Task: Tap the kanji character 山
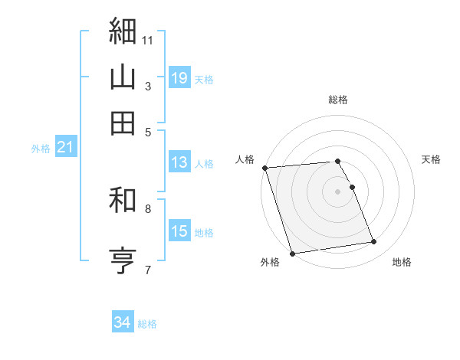point(123,77)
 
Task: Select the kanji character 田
point(123,123)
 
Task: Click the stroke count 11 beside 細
point(148,40)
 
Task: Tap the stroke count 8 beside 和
point(147,208)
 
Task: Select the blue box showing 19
point(179,78)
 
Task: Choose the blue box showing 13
point(179,162)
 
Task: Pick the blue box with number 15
point(179,231)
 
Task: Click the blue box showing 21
point(64,148)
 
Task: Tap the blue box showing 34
point(122,323)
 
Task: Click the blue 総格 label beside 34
point(147,324)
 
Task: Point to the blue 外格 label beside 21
point(40,149)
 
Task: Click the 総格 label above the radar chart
point(338,100)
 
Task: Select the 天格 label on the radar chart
point(431,159)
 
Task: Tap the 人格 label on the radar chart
point(245,159)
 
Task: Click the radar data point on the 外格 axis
point(292,254)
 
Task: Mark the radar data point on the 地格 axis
point(374,242)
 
